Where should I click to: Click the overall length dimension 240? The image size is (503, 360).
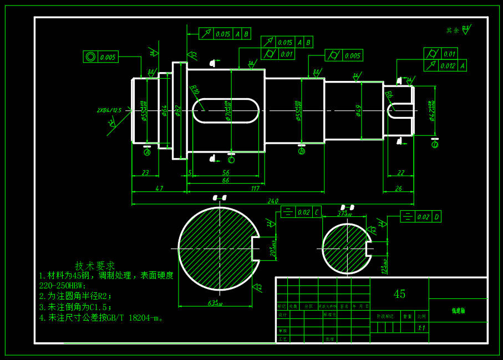tap(273, 201)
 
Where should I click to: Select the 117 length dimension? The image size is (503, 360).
tap(255, 189)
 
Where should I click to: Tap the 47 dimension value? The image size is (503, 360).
tap(159, 189)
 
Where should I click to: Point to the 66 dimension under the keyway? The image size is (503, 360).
tap(226, 181)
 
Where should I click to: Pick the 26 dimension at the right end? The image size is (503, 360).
tap(398, 189)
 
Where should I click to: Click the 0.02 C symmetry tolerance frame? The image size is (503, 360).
tap(301, 212)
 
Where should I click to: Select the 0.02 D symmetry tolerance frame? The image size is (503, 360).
tap(420, 217)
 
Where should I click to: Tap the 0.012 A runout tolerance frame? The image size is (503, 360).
tap(445, 66)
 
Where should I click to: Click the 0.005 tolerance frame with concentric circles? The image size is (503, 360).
tap(100, 57)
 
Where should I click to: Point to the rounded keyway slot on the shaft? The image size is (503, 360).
tap(226, 110)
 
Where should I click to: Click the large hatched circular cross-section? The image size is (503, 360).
tap(218, 249)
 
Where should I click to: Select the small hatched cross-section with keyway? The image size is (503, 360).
tap(346, 249)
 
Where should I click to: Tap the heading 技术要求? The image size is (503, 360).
tap(95, 266)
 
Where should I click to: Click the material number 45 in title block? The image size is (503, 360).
tap(399, 294)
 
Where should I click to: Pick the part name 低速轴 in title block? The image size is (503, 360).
tap(458, 311)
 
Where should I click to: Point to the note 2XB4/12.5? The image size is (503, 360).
tap(109, 110)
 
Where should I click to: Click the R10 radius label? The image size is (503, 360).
tap(195, 90)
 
